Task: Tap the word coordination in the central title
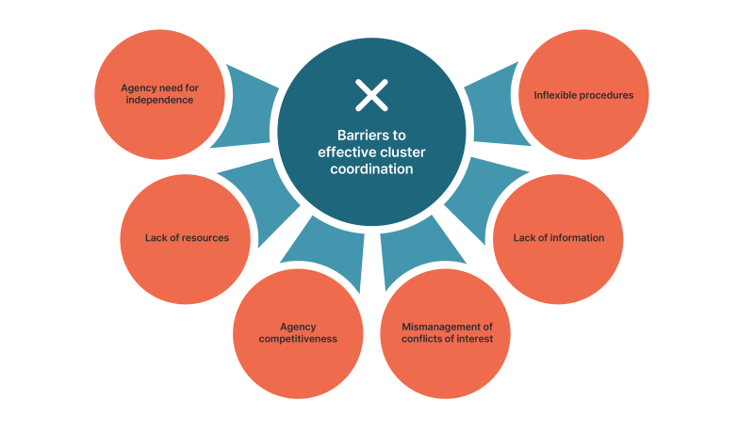point(371,170)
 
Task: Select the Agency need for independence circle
point(159,93)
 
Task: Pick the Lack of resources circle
point(187,237)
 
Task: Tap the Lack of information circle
point(558,237)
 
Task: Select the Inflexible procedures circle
point(584,95)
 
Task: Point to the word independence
point(159,100)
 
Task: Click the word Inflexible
point(557,95)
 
